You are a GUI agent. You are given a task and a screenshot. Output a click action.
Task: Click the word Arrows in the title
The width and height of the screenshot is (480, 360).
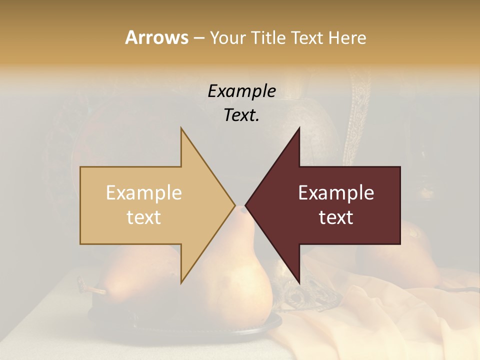tap(156, 37)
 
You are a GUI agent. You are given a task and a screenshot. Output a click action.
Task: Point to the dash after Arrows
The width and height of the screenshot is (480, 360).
tap(198, 38)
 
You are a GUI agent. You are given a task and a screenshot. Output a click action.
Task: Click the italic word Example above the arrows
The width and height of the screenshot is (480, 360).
tap(241, 91)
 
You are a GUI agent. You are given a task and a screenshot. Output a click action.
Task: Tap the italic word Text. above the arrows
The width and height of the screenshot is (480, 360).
tap(241, 115)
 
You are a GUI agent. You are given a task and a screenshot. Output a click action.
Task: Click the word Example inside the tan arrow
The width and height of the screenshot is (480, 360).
tap(144, 193)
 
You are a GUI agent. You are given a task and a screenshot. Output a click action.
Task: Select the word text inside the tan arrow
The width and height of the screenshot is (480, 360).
tap(144, 217)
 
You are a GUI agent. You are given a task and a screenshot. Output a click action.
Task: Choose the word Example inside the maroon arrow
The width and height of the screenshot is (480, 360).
tap(336, 193)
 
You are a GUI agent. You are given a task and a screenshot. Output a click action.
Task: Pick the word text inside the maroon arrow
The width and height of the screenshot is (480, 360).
tap(336, 217)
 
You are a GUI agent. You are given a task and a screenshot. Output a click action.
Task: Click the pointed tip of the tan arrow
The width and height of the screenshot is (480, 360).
tap(234, 205)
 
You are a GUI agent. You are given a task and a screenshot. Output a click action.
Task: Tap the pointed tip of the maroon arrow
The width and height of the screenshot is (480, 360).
tap(246, 205)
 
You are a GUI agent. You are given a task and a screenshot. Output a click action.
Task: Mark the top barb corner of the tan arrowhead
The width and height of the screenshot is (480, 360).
tap(181, 128)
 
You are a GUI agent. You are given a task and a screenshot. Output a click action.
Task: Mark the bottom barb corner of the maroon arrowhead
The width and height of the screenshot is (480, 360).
tap(299, 283)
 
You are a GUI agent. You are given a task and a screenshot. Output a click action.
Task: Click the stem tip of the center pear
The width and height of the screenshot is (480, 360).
tap(243, 209)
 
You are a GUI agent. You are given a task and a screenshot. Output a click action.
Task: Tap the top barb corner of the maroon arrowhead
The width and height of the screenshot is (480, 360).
tap(299, 128)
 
